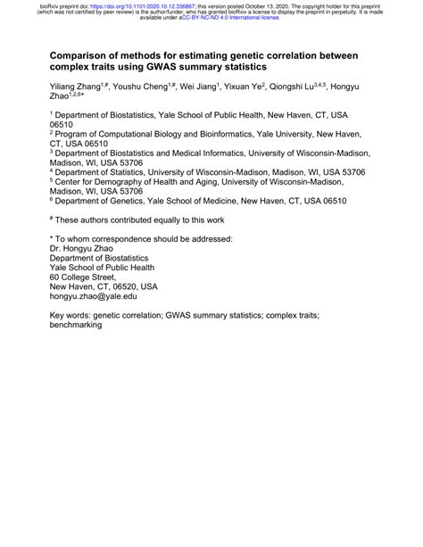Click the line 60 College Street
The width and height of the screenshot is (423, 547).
point(87,277)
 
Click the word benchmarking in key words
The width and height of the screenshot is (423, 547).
point(77,326)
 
